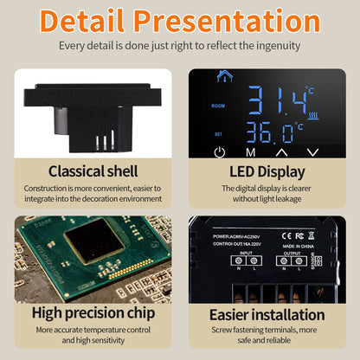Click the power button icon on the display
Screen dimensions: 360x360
[219, 151]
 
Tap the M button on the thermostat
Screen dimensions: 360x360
[250, 151]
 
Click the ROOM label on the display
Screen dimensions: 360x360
[218, 106]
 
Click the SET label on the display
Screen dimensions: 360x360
[217, 133]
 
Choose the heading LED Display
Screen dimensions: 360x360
[268, 170]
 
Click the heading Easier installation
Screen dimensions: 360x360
[268, 313]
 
